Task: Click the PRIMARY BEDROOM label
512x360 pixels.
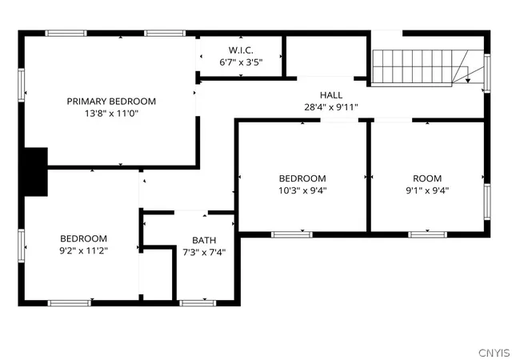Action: [x=111, y=102]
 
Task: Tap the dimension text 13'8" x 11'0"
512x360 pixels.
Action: [x=112, y=114]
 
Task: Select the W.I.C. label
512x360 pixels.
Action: [x=241, y=50]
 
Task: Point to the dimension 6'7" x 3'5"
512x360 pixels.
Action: [x=241, y=62]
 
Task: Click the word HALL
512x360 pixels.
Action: [x=331, y=95]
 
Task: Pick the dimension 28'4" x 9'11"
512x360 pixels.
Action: [x=331, y=107]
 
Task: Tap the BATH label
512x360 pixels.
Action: [x=204, y=241]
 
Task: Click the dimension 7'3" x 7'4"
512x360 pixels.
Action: [x=204, y=252]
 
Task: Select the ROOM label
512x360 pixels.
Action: [x=427, y=178]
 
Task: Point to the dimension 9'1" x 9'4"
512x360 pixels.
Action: [x=427, y=190]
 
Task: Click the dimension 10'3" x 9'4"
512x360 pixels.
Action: [x=302, y=190]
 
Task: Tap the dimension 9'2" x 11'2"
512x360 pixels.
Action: [x=83, y=251]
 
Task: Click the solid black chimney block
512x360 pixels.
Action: [x=36, y=172]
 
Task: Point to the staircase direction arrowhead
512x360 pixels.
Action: [x=467, y=80]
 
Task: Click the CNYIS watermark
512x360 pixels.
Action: [x=494, y=353]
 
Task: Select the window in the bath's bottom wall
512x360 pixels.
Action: [x=198, y=303]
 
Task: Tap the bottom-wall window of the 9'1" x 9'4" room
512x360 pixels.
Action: [x=427, y=234]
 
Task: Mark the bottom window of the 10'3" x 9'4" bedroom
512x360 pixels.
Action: [x=291, y=234]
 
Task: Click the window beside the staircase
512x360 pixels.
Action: [x=487, y=73]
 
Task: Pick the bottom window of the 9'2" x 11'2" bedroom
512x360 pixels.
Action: [x=70, y=303]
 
